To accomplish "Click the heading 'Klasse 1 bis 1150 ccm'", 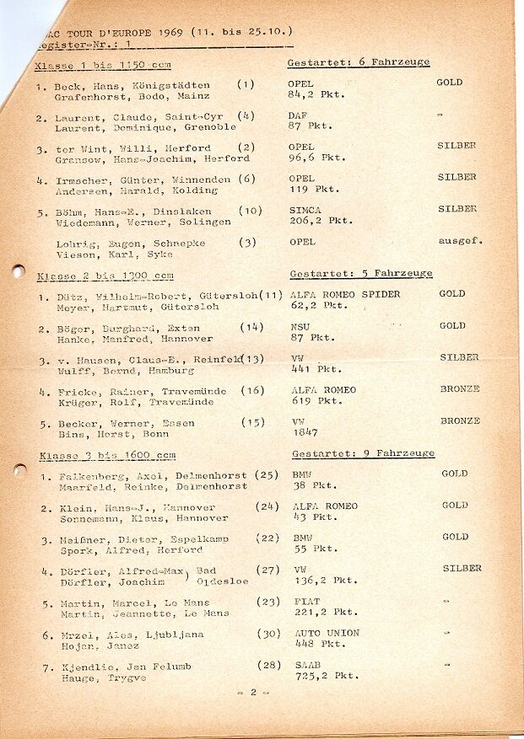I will pos(103,66).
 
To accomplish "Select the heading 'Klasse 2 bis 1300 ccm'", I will pos(105,276).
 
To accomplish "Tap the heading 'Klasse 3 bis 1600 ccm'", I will pos(107,456).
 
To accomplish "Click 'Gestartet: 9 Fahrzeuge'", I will pos(363,453).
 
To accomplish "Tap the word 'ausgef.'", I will pos(460,241).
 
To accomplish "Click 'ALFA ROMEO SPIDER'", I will pos(345,295).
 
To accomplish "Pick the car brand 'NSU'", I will pos(301,326).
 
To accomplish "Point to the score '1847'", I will pos(305,432).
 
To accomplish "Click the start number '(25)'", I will pos(267,475).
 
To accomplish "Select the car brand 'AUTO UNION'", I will pos(326,633).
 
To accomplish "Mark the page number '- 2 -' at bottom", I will pos(253,691).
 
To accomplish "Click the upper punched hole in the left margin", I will pos(17,271).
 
